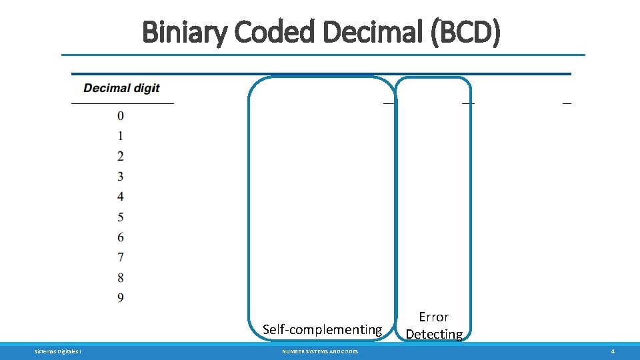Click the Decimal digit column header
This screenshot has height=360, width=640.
tap(121, 88)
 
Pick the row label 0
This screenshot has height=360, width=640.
tap(121, 116)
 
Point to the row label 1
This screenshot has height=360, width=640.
tap(121, 136)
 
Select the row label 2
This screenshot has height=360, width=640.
tap(121, 157)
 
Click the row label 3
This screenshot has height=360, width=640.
tap(121, 177)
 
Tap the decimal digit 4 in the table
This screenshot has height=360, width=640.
tap(121, 197)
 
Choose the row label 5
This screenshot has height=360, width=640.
tap(121, 217)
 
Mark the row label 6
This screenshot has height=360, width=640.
tap(121, 237)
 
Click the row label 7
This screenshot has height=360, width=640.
tap(121, 257)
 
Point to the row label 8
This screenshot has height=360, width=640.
tap(121, 277)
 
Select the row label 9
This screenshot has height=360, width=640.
tap(121, 297)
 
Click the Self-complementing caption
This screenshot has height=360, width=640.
tap(322, 329)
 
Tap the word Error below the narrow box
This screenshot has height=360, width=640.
tap(433, 317)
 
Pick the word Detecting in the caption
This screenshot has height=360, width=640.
tap(434, 334)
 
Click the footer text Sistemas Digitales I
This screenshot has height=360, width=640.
tap(58, 351)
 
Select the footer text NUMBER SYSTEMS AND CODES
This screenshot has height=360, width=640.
tap(320, 351)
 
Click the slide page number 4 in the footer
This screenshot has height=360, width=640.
tap(613, 351)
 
